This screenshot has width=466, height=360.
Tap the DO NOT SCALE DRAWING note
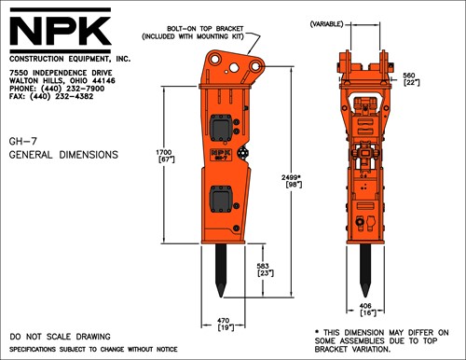click(60, 335)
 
